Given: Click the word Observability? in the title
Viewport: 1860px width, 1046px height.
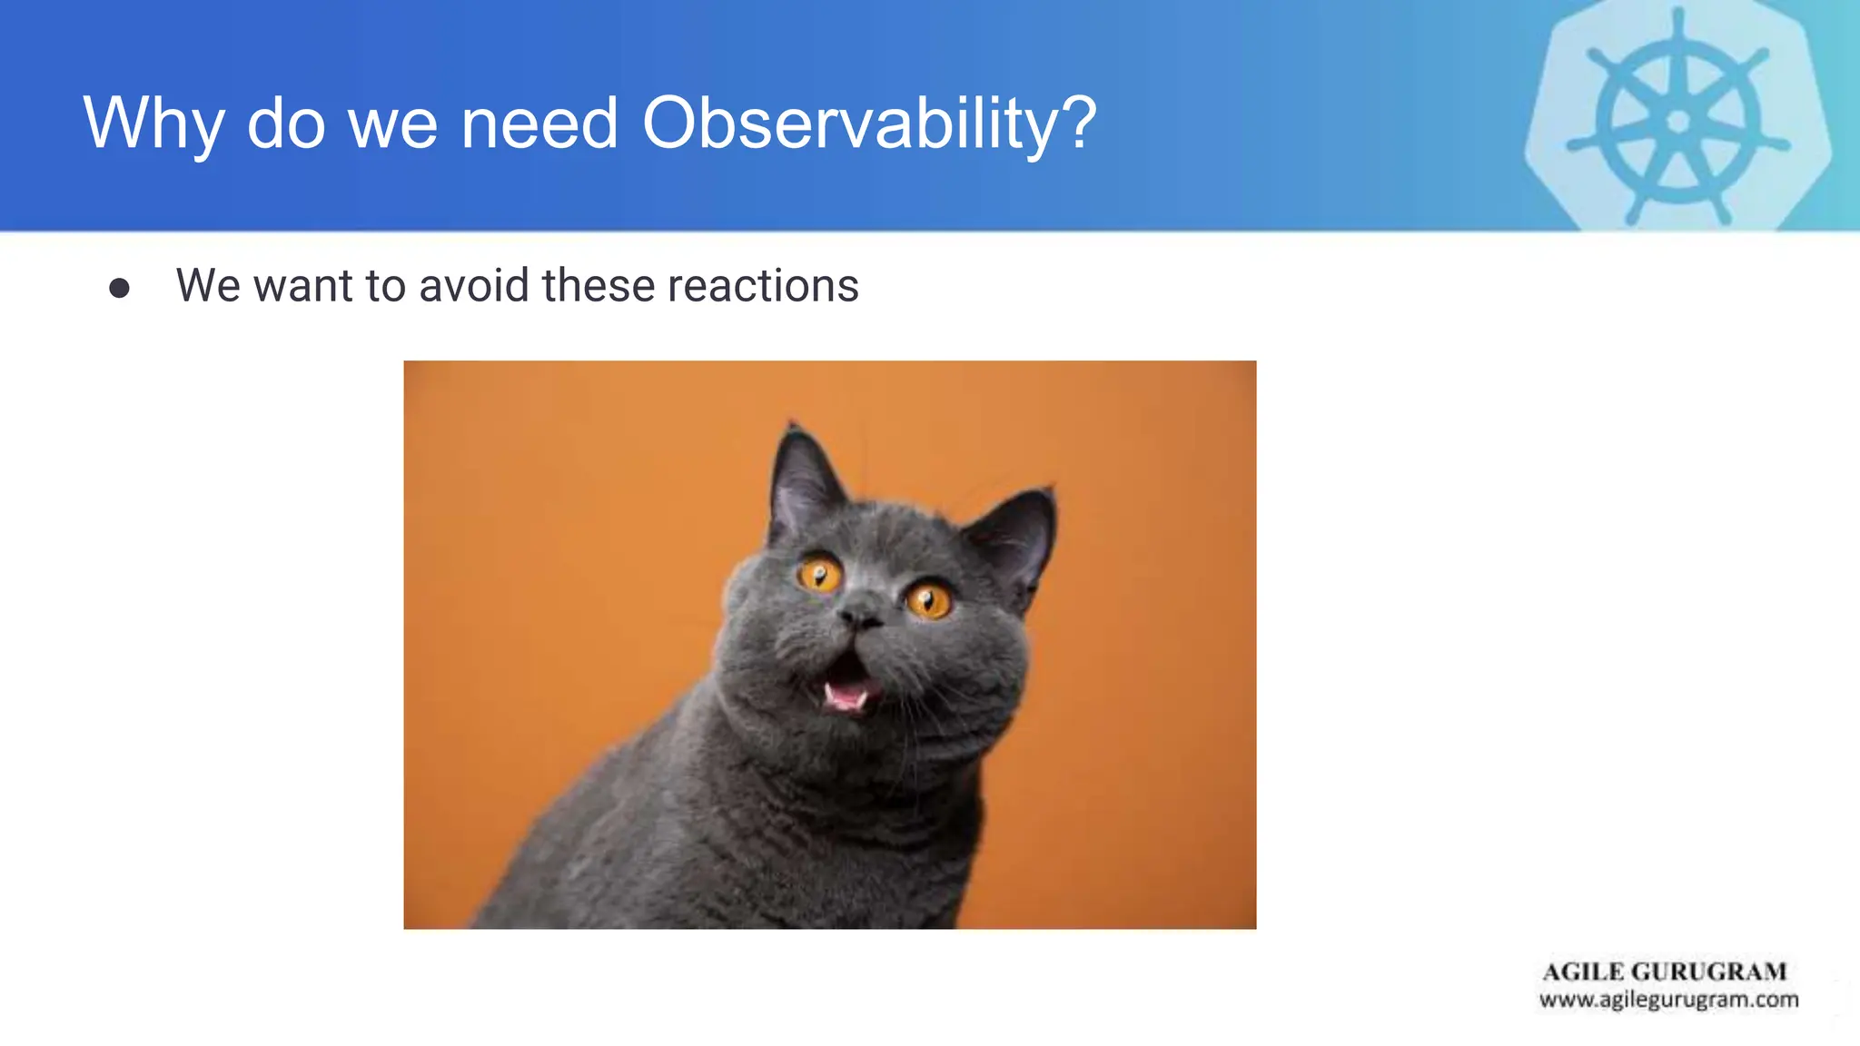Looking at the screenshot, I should tap(869, 123).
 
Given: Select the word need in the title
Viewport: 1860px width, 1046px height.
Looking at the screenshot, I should tap(539, 123).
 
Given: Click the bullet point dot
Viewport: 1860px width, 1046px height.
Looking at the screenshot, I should tap(119, 289).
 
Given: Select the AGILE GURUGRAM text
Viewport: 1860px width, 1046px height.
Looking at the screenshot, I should tap(1664, 972).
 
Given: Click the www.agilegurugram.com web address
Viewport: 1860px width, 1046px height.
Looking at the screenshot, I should tap(1668, 1000).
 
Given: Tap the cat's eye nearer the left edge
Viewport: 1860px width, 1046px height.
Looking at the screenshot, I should tap(819, 575).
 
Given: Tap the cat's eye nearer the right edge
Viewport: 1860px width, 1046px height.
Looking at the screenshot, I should tap(928, 600).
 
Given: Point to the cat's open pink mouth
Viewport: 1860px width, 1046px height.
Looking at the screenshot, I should tap(847, 686).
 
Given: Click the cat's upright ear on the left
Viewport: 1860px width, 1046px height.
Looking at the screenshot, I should tap(801, 479).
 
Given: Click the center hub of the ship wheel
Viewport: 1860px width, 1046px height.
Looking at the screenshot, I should tap(1678, 121).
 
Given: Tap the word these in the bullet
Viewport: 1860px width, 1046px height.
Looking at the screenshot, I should tap(599, 285).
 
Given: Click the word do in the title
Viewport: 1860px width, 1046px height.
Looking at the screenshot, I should tap(286, 123).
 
